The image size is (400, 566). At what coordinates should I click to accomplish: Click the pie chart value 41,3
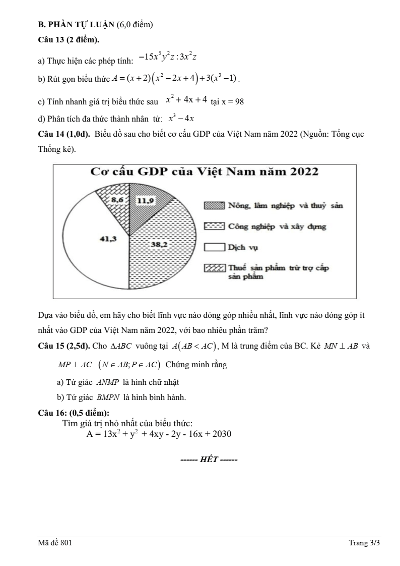(x=108, y=239)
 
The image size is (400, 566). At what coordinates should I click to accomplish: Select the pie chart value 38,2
(x=160, y=244)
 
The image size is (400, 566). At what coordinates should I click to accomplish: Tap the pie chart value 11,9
(x=146, y=200)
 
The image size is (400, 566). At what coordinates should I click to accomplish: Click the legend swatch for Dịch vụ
(x=214, y=247)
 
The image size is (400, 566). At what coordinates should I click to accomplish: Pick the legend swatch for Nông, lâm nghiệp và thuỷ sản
(x=214, y=206)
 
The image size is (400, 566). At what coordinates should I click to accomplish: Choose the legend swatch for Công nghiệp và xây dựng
(x=214, y=227)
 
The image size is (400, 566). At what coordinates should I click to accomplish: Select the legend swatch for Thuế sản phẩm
(x=214, y=268)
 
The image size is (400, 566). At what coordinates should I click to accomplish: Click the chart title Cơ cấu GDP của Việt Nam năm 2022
(x=204, y=172)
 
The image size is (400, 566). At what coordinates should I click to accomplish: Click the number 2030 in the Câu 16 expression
(x=222, y=434)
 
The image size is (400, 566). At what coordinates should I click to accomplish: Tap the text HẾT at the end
(x=209, y=460)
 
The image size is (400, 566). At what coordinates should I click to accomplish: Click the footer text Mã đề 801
(x=55, y=543)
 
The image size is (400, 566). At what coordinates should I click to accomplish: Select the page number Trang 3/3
(x=365, y=543)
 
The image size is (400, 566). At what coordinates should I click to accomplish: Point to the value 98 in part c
(x=239, y=101)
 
